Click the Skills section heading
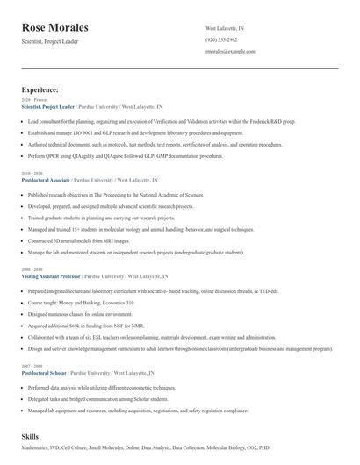click(x=32, y=436)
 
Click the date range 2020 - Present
click(x=33, y=100)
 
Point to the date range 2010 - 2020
click(x=31, y=173)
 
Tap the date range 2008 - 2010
click(x=31, y=269)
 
